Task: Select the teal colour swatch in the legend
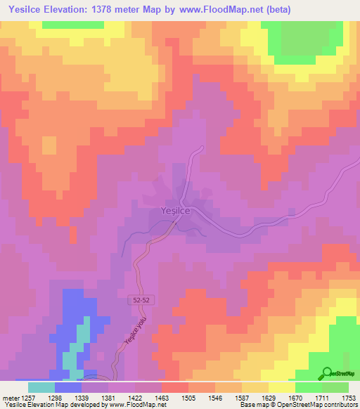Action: [x=41, y=387]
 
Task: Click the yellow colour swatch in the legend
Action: [x=282, y=387]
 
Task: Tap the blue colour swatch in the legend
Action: [x=68, y=387]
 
